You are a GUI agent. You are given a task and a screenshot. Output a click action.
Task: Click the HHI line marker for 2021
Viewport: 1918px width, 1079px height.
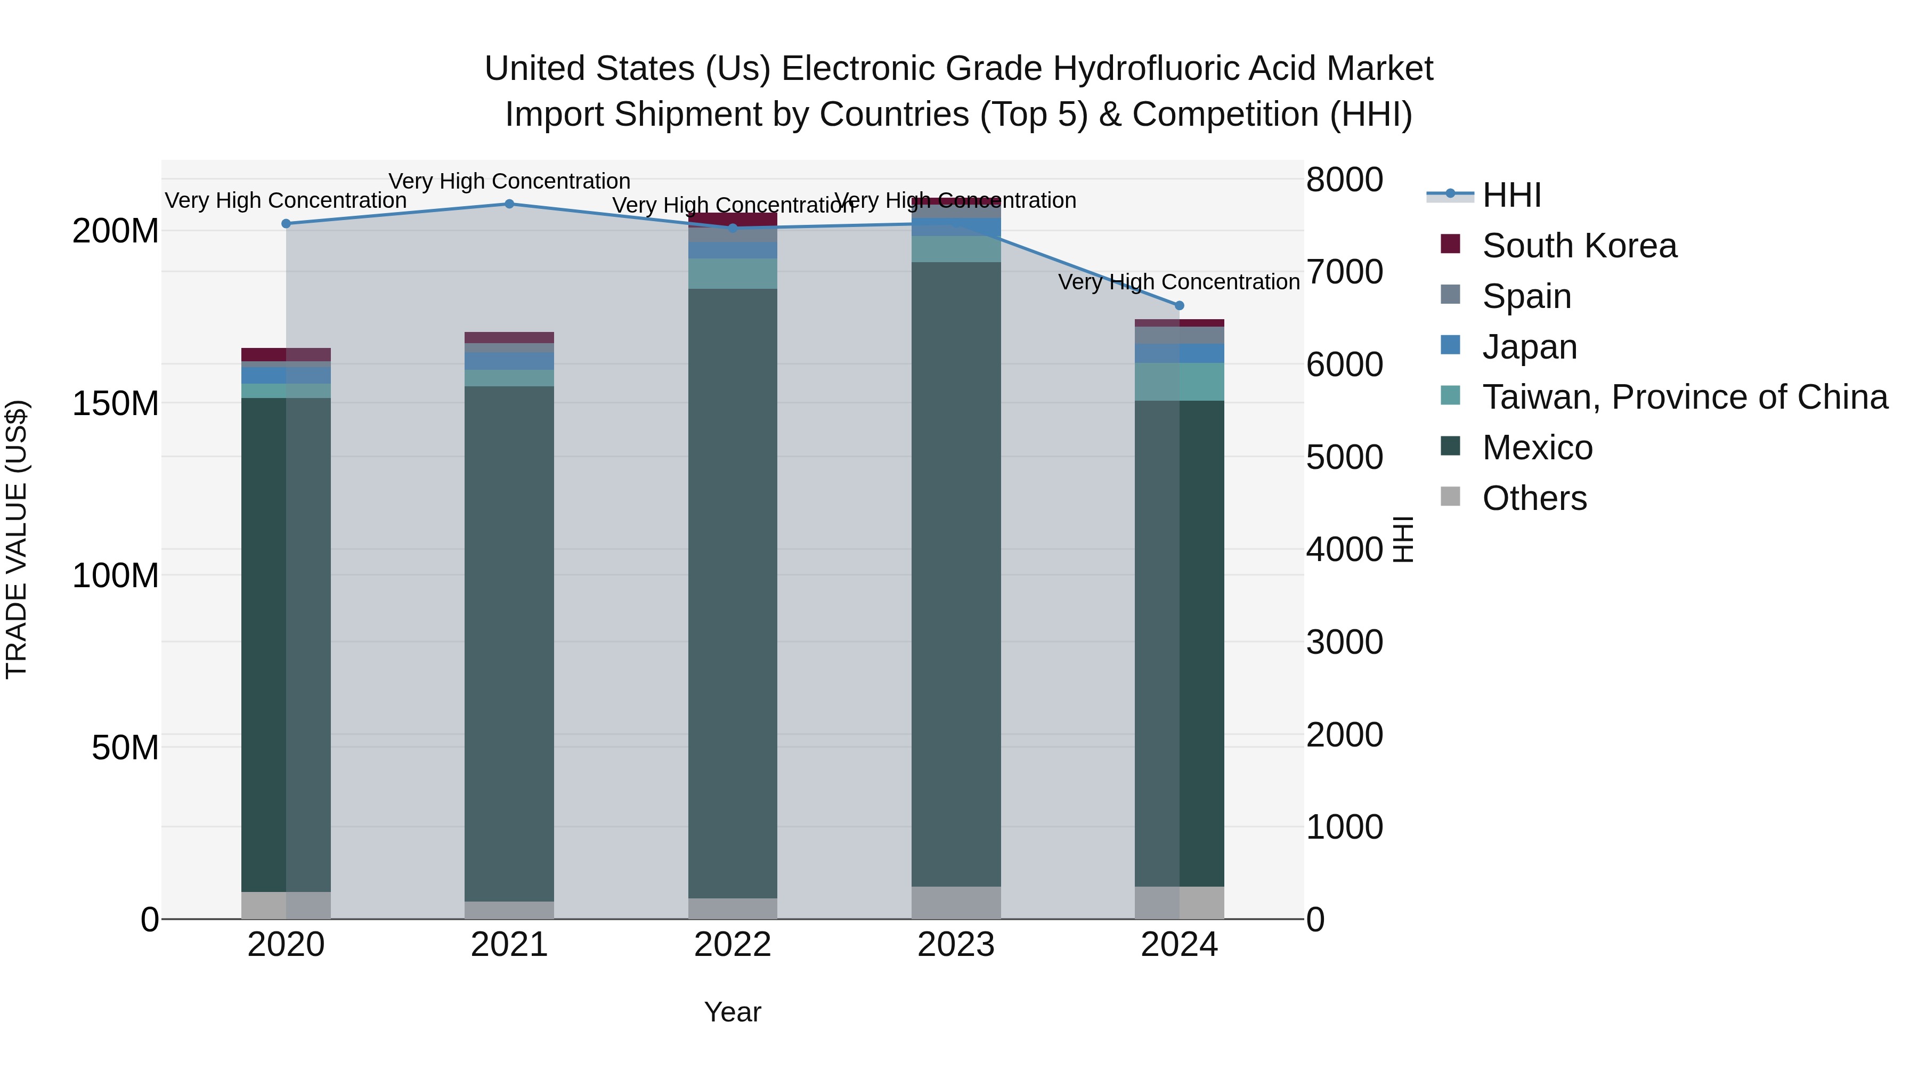(x=509, y=204)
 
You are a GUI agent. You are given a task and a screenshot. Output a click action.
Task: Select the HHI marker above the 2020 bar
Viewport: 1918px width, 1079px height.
(x=286, y=223)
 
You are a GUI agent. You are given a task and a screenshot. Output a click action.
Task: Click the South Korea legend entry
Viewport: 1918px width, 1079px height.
(x=1579, y=246)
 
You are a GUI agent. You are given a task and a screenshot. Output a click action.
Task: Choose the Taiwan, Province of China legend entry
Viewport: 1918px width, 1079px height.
(x=1684, y=397)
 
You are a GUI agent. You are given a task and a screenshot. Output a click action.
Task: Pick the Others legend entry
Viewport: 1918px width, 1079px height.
(x=1534, y=498)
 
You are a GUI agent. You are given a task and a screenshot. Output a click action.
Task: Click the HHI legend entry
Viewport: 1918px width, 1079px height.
(x=1511, y=195)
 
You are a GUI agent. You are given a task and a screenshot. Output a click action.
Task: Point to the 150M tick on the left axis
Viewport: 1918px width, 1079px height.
(x=116, y=403)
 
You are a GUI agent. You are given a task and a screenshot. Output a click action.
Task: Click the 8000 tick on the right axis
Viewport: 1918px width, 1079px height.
(x=1344, y=180)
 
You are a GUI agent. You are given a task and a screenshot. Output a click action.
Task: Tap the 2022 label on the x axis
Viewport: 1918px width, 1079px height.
(x=733, y=945)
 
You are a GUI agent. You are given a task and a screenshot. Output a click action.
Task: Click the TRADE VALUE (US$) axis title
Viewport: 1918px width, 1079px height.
(x=17, y=539)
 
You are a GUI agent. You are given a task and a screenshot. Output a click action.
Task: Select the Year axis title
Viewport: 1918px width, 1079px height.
(x=733, y=1012)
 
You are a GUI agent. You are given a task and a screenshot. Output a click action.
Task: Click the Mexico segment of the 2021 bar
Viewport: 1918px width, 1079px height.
(x=509, y=640)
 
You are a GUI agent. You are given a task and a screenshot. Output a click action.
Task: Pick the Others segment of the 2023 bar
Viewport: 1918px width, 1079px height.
(x=956, y=903)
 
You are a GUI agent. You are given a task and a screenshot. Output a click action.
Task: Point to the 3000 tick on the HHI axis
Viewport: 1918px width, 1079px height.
(x=1344, y=642)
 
